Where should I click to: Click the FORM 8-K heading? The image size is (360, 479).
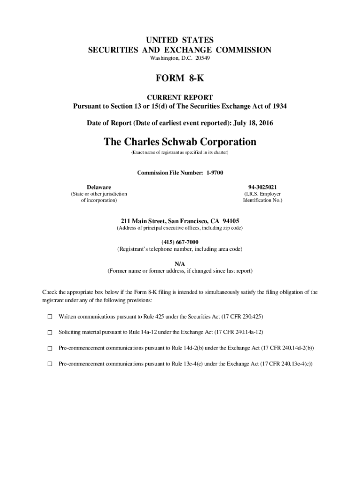tap(180, 79)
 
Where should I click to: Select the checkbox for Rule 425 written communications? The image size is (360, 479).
tap(50, 317)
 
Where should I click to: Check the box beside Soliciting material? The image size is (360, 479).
tap(50, 333)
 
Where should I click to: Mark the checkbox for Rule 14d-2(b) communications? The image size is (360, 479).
tap(50, 348)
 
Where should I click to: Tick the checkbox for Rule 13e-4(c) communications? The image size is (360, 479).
tap(50, 364)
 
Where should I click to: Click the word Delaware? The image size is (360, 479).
tap(99, 187)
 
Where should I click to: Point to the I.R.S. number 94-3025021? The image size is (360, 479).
tap(263, 187)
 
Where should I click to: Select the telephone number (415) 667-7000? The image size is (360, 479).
tap(180, 242)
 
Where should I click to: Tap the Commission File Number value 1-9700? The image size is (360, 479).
tap(215, 173)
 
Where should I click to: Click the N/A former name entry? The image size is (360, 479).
tap(180, 263)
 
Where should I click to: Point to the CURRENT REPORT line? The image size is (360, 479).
tap(180, 98)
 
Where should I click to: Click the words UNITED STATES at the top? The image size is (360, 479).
tap(180, 40)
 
